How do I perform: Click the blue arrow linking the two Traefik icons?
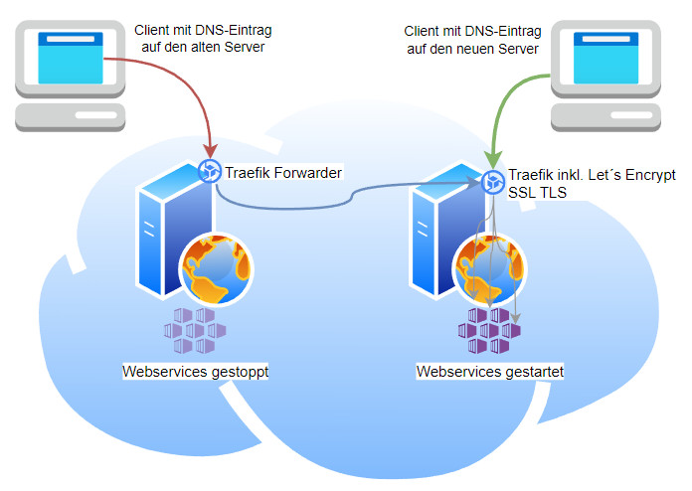coord(348,193)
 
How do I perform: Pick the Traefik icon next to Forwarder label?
coord(209,172)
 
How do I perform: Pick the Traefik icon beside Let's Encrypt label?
coord(494,182)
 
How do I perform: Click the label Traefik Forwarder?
coord(283,172)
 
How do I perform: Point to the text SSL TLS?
coord(538,194)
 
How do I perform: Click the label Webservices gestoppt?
coord(196,372)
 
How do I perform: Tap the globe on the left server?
coord(216,266)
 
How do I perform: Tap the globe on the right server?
coord(488,266)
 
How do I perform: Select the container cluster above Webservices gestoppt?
coord(194,329)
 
